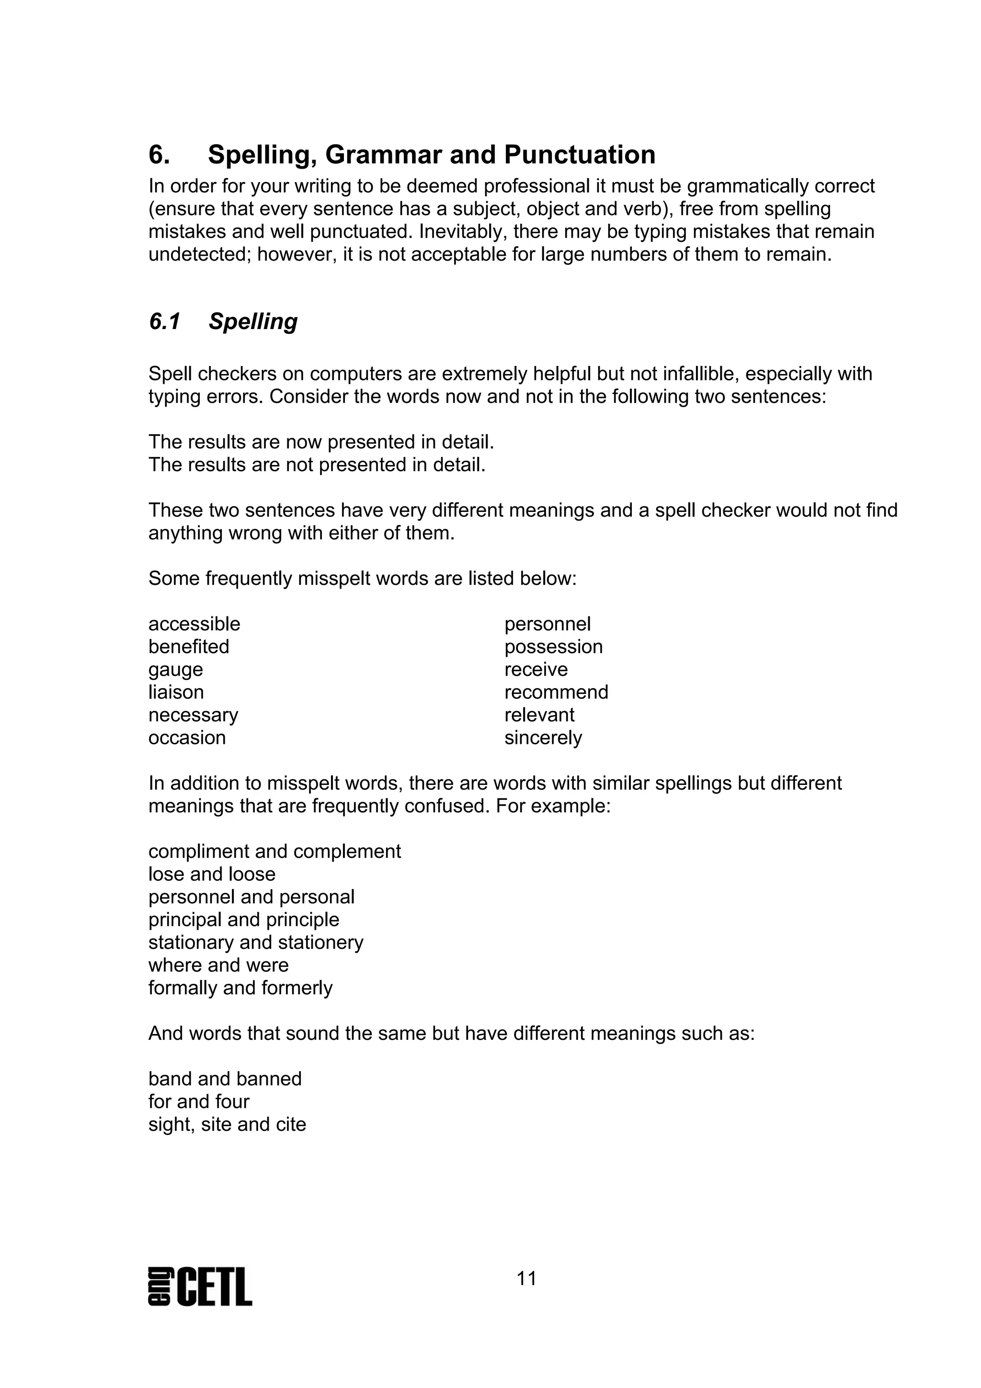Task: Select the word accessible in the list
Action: click(x=194, y=624)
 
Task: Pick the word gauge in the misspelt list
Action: click(x=175, y=670)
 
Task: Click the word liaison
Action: click(x=176, y=692)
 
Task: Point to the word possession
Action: click(x=553, y=647)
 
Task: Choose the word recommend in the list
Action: click(x=556, y=692)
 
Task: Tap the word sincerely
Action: click(x=543, y=738)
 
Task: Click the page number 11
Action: click(x=526, y=1279)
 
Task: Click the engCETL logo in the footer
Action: click(x=200, y=1287)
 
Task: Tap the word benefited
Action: click(x=189, y=647)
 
